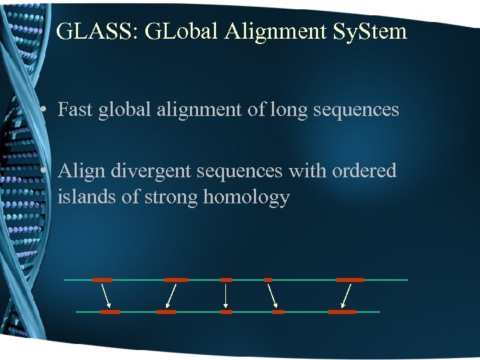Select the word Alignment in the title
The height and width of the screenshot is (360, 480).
(272, 32)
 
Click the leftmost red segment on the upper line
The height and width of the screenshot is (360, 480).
(101, 280)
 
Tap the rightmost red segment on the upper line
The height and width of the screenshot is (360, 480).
(349, 280)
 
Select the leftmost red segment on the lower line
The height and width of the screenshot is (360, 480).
(109, 311)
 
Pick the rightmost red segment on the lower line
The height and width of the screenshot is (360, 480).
(342, 311)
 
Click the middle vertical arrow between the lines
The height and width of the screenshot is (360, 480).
(226, 295)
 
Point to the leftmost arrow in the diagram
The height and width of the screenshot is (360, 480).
(105, 295)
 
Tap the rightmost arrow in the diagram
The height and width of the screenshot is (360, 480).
(346, 295)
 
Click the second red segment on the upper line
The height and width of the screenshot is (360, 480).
(176, 280)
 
